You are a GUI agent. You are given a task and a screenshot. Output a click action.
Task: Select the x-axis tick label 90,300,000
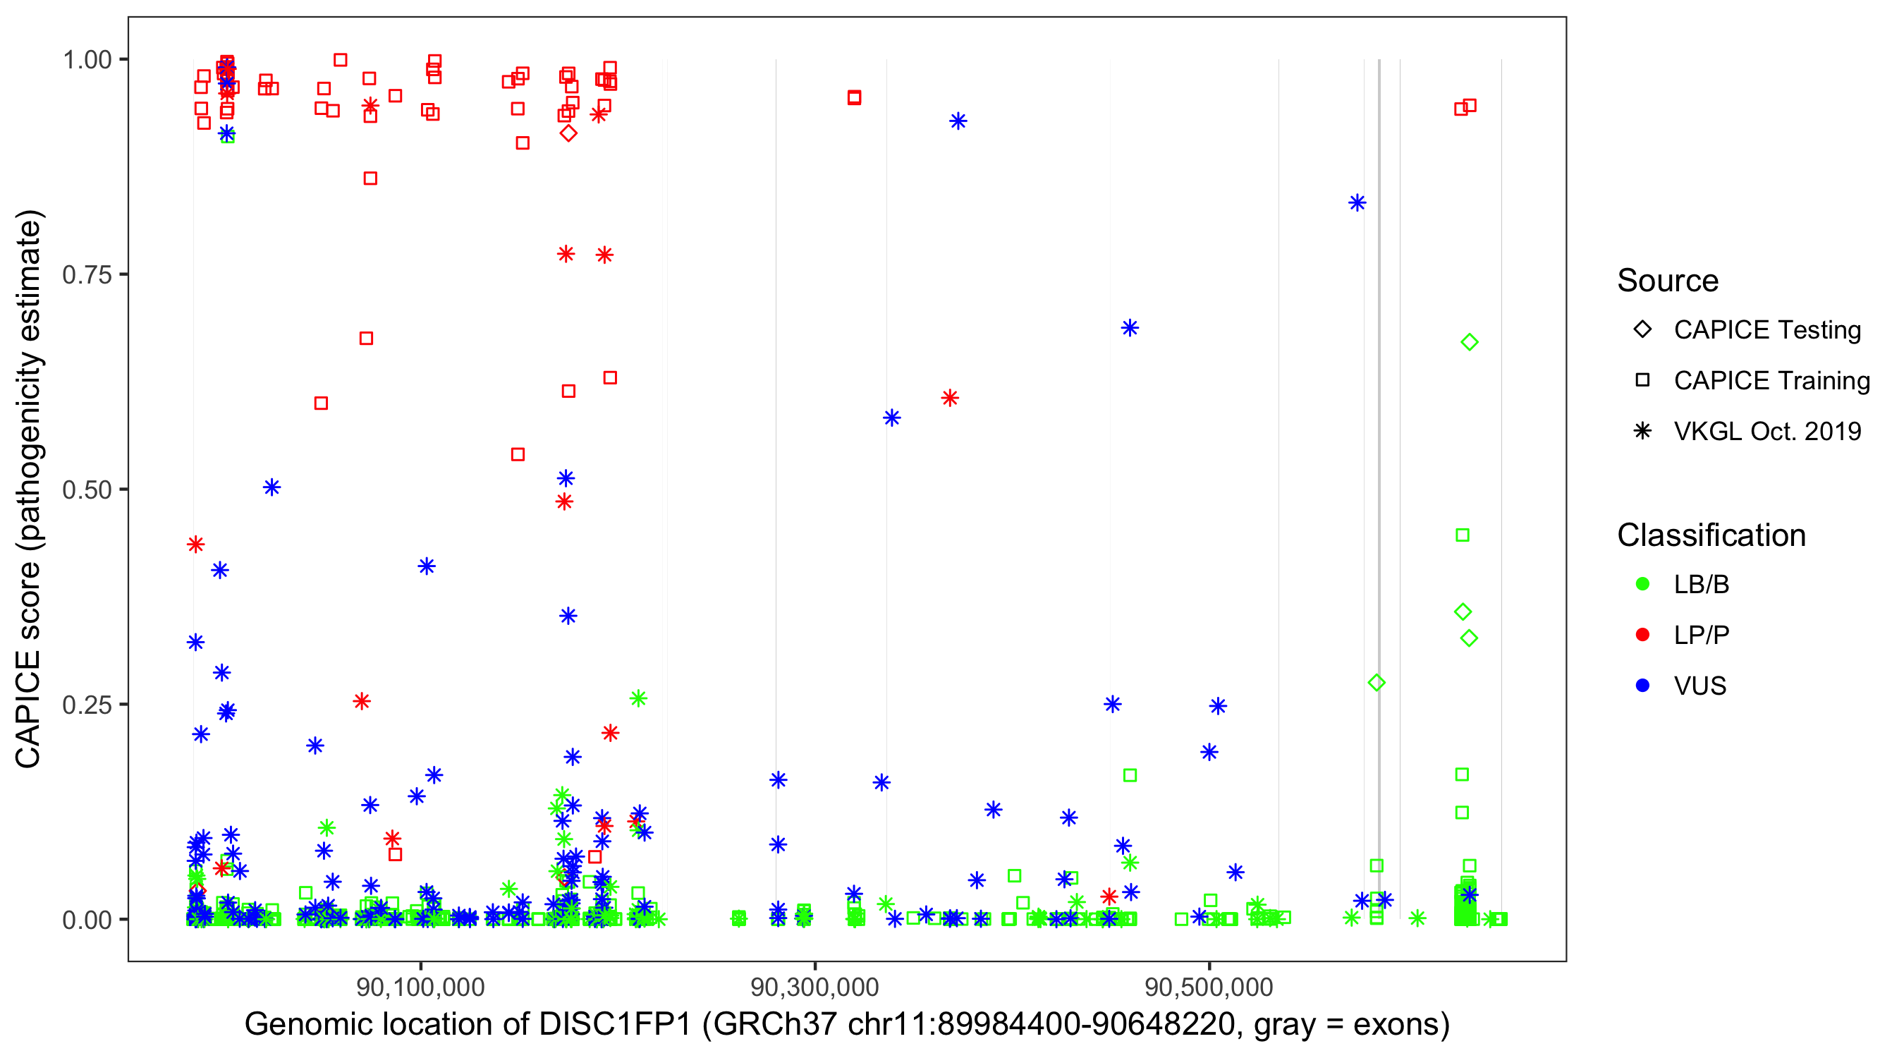pyautogui.click(x=814, y=987)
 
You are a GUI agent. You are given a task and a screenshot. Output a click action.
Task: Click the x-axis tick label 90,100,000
pyautogui.click(x=420, y=987)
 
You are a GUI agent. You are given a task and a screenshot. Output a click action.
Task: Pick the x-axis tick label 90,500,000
pyautogui.click(x=1209, y=987)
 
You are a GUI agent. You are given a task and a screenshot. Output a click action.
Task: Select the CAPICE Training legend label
pyautogui.click(x=1771, y=381)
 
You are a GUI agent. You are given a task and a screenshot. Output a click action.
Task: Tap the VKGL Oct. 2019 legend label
pyautogui.click(x=1766, y=431)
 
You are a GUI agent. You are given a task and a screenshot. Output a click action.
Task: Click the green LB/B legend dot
pyautogui.click(x=1642, y=584)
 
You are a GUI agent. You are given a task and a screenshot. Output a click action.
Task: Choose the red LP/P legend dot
pyautogui.click(x=1642, y=635)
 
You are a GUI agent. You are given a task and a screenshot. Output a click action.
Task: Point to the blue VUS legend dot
pyautogui.click(x=1642, y=686)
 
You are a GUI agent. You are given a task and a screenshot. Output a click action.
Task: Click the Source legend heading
pyautogui.click(x=1668, y=281)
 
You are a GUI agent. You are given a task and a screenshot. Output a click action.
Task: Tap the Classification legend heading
pyautogui.click(x=1710, y=535)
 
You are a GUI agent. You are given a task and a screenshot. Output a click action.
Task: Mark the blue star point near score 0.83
pyautogui.click(x=1356, y=202)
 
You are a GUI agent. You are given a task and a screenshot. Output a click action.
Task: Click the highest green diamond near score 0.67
pyautogui.click(x=1469, y=342)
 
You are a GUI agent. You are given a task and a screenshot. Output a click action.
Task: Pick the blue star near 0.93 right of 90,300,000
pyautogui.click(x=958, y=121)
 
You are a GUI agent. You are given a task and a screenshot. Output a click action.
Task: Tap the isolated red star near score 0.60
pyautogui.click(x=950, y=399)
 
